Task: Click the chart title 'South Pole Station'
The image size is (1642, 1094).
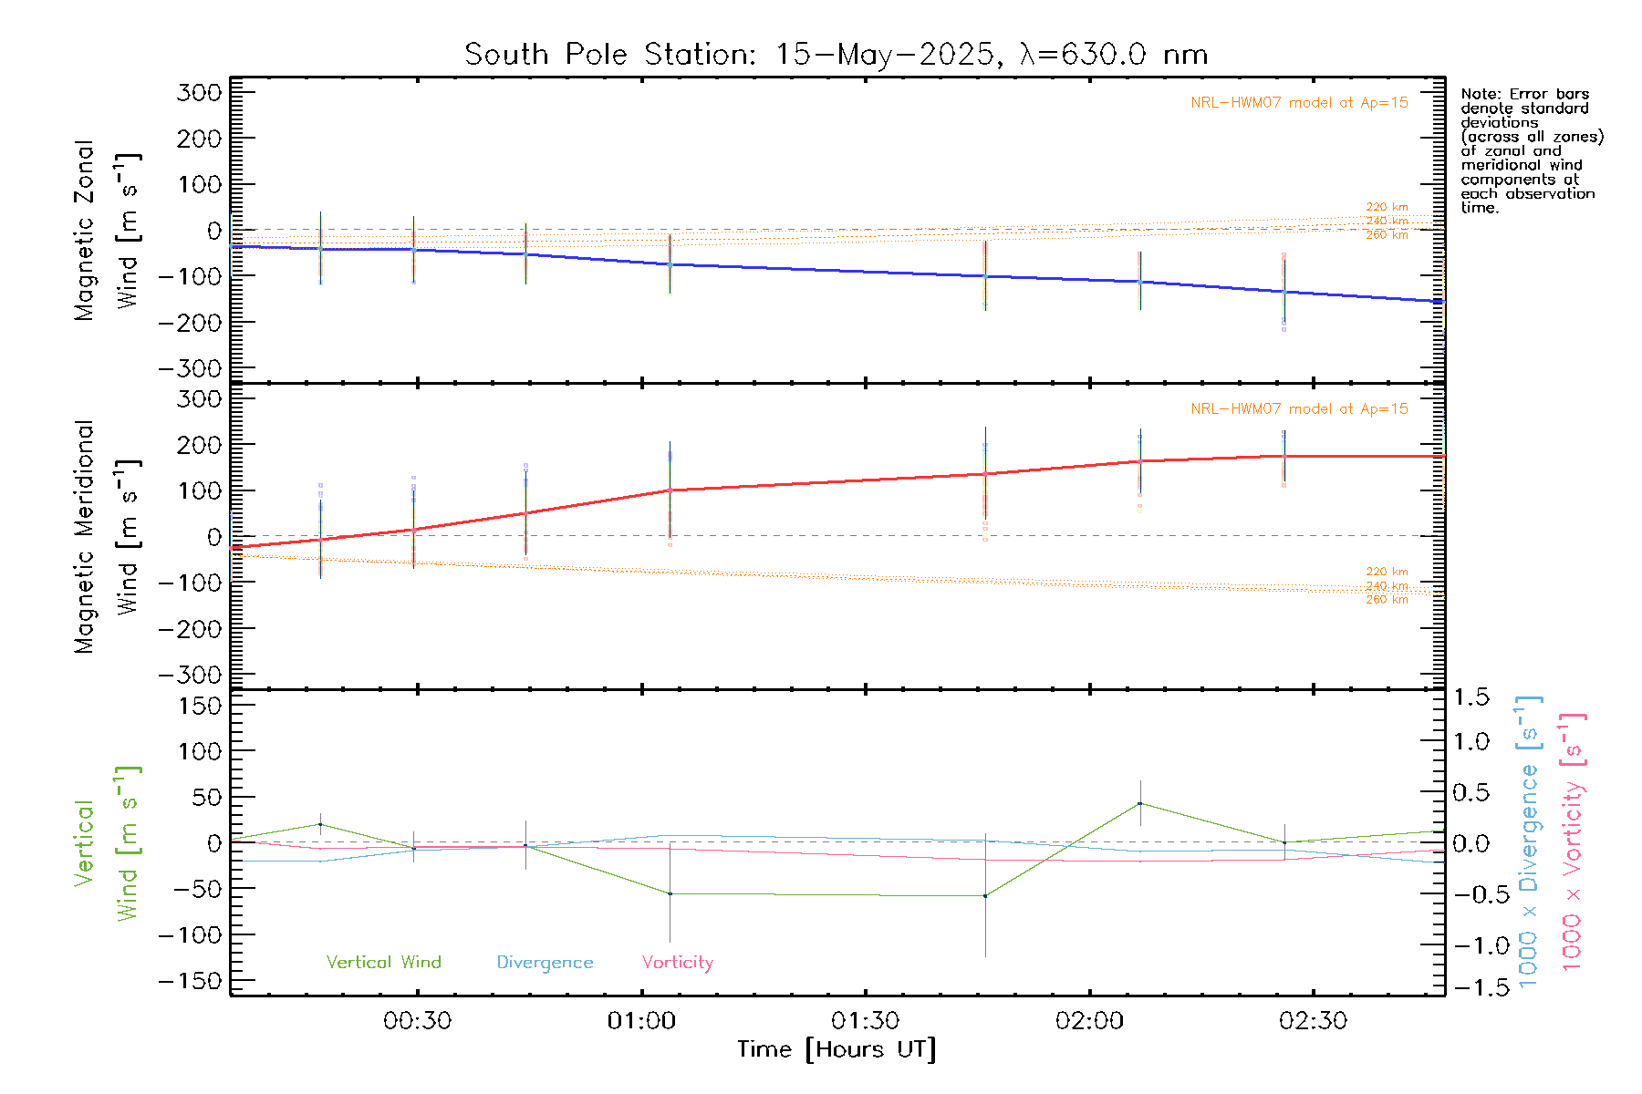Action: (x=609, y=55)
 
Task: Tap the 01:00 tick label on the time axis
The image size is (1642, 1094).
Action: (x=641, y=1021)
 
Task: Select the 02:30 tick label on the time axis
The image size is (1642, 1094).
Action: (x=1313, y=1021)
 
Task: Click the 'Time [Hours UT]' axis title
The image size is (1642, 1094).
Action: (x=837, y=1049)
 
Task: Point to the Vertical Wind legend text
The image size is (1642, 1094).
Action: (x=383, y=962)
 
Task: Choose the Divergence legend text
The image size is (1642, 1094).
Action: (x=545, y=962)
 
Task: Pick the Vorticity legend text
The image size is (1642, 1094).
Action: (x=677, y=962)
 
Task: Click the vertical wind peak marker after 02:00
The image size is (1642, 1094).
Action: (x=1139, y=803)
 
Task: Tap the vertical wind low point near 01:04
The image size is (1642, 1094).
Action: (x=670, y=893)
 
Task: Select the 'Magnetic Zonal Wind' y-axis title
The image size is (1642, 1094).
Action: (x=107, y=231)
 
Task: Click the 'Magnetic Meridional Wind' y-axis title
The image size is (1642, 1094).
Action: (x=107, y=537)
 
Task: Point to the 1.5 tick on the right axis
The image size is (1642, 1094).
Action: (x=1471, y=697)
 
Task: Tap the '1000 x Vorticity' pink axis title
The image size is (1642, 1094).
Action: (x=1572, y=842)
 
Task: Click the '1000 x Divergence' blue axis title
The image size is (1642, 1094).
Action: (x=1528, y=842)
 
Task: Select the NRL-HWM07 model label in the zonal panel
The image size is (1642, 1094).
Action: (x=1299, y=103)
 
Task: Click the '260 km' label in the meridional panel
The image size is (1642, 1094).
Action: (x=1387, y=600)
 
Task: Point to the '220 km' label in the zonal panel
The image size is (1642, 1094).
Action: (x=1387, y=207)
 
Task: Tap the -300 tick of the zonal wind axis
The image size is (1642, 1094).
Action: (x=190, y=368)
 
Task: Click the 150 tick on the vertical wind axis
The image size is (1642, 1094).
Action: (x=201, y=705)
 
